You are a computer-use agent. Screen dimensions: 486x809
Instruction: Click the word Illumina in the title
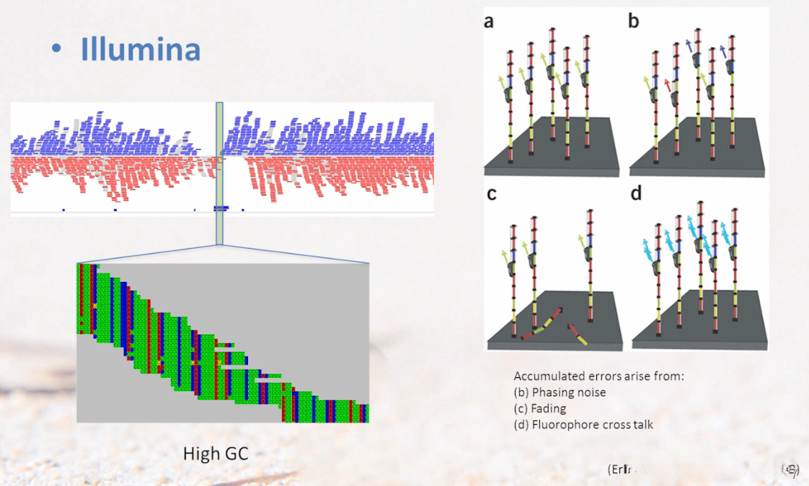pos(141,48)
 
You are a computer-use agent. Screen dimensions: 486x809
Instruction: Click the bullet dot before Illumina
pos(56,48)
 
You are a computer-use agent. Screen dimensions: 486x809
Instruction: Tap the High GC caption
pos(216,454)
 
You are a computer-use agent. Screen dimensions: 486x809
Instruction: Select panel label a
pos(489,22)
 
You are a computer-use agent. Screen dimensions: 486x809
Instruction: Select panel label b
pos(634,22)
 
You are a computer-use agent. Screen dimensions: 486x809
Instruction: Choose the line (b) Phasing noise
pos(560,392)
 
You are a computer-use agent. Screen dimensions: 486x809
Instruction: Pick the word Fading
pos(549,408)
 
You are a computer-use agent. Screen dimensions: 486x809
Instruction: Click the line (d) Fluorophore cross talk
pos(583,424)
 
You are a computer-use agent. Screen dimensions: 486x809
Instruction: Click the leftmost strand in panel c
pos(514,281)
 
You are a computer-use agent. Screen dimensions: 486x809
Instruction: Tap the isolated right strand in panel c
pos(590,274)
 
